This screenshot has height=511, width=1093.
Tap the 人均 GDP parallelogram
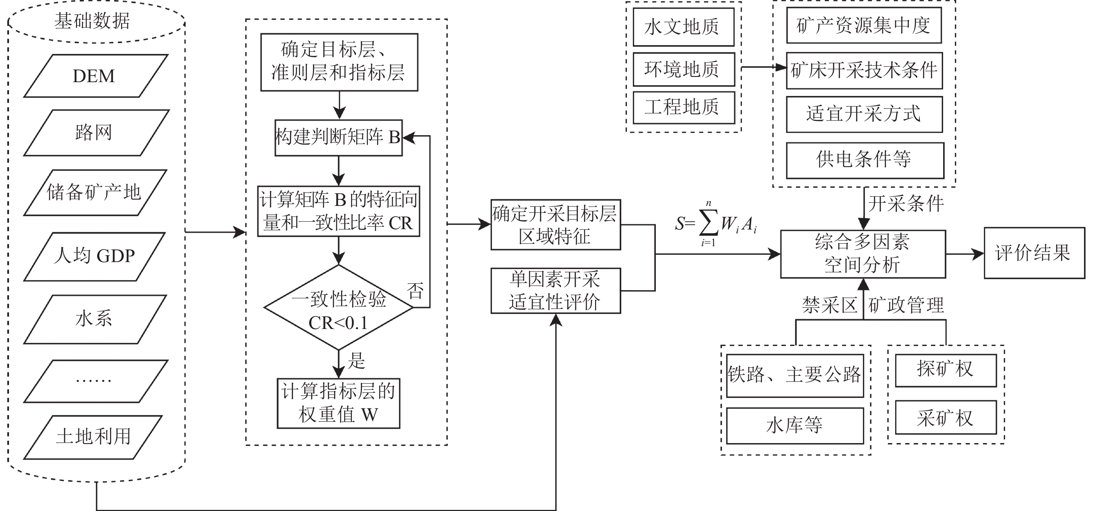coord(94,256)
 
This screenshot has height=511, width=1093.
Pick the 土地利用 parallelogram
coord(93,437)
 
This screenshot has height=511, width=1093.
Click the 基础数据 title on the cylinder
coord(92,21)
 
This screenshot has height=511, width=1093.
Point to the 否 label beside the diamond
coord(415,291)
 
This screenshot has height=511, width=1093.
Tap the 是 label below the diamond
coord(356,361)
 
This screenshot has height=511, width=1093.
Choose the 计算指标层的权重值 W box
coord(338,403)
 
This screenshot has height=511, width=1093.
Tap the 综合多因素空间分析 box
coord(862,253)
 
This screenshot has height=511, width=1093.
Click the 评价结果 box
coord(1034,253)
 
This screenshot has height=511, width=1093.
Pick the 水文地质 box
coord(683,27)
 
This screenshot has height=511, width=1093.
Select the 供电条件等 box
coord(864,160)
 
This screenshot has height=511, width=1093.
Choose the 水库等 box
coord(794,425)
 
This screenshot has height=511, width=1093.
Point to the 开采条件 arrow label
coord(906,204)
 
